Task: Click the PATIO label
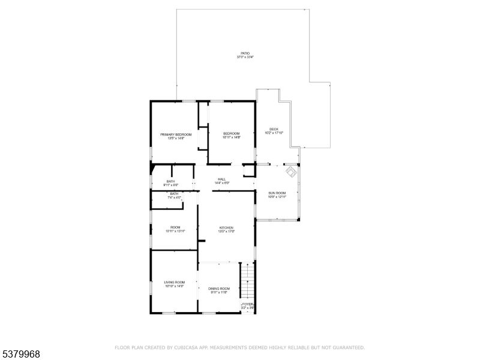[x=244, y=53]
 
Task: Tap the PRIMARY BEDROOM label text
[x=176, y=134]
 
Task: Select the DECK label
[x=274, y=129]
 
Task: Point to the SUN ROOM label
[x=277, y=193]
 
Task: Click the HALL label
[x=221, y=179]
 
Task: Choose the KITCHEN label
[x=226, y=228]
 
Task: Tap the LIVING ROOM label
[x=175, y=282]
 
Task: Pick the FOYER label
[x=248, y=305]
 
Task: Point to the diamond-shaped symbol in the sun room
[x=290, y=172]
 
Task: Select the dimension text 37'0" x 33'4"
[x=244, y=57]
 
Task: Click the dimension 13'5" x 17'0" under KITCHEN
[x=226, y=232]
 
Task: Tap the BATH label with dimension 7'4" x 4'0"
[x=174, y=193]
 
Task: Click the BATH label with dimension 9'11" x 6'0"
[x=171, y=181]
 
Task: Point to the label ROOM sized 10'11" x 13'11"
[x=175, y=227]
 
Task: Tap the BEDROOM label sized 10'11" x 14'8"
[x=232, y=133]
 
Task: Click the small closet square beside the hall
[x=248, y=170]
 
